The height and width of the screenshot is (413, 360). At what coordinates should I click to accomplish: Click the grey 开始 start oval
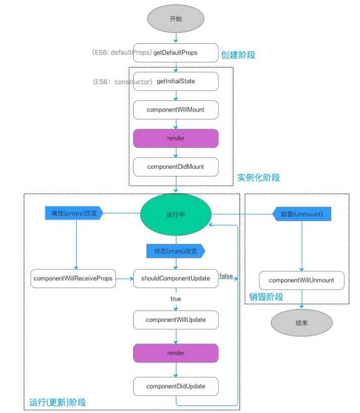tap(175, 18)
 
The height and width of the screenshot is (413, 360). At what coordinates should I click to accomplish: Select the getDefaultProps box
tap(175, 52)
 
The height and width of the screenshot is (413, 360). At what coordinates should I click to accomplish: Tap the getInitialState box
tap(175, 81)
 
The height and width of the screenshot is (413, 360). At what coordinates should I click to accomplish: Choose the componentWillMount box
tap(175, 109)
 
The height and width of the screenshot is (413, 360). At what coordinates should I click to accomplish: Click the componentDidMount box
tap(175, 166)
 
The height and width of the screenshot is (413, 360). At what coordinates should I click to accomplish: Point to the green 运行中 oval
tap(175, 214)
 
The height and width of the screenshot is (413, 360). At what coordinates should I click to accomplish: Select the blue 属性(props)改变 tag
tap(74, 214)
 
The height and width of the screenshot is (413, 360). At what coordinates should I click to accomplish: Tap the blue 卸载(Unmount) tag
tap(302, 214)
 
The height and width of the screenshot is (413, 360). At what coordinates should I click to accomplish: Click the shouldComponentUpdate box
tap(175, 278)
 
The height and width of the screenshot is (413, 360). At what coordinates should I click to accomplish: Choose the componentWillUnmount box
tap(302, 280)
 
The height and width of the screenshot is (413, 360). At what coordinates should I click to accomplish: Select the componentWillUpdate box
tap(175, 320)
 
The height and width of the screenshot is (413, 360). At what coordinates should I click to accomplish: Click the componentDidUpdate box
tap(175, 386)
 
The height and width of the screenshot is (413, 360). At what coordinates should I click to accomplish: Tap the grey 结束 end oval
tap(302, 323)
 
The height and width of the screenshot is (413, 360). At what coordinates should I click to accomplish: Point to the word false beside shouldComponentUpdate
tap(226, 275)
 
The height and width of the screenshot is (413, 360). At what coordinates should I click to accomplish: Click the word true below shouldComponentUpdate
tap(175, 299)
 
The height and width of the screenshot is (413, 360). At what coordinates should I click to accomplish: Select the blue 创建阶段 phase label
tap(238, 54)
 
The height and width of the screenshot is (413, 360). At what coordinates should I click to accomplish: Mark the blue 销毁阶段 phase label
tap(266, 297)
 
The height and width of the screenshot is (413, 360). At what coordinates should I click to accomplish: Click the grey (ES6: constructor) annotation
tap(123, 81)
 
